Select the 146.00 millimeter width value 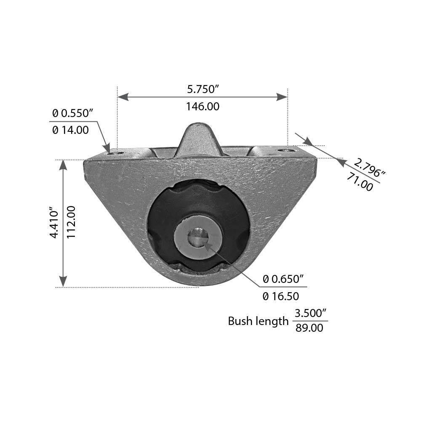(203, 107)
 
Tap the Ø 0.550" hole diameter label (72, 113)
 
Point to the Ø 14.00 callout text (70, 130)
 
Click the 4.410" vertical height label (53, 223)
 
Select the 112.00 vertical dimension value (70, 223)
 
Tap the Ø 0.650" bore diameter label (283, 279)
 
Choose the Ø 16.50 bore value (281, 296)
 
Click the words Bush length (258, 321)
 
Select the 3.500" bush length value (311, 313)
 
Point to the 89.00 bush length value (309, 328)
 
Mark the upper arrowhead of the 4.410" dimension (63, 165)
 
